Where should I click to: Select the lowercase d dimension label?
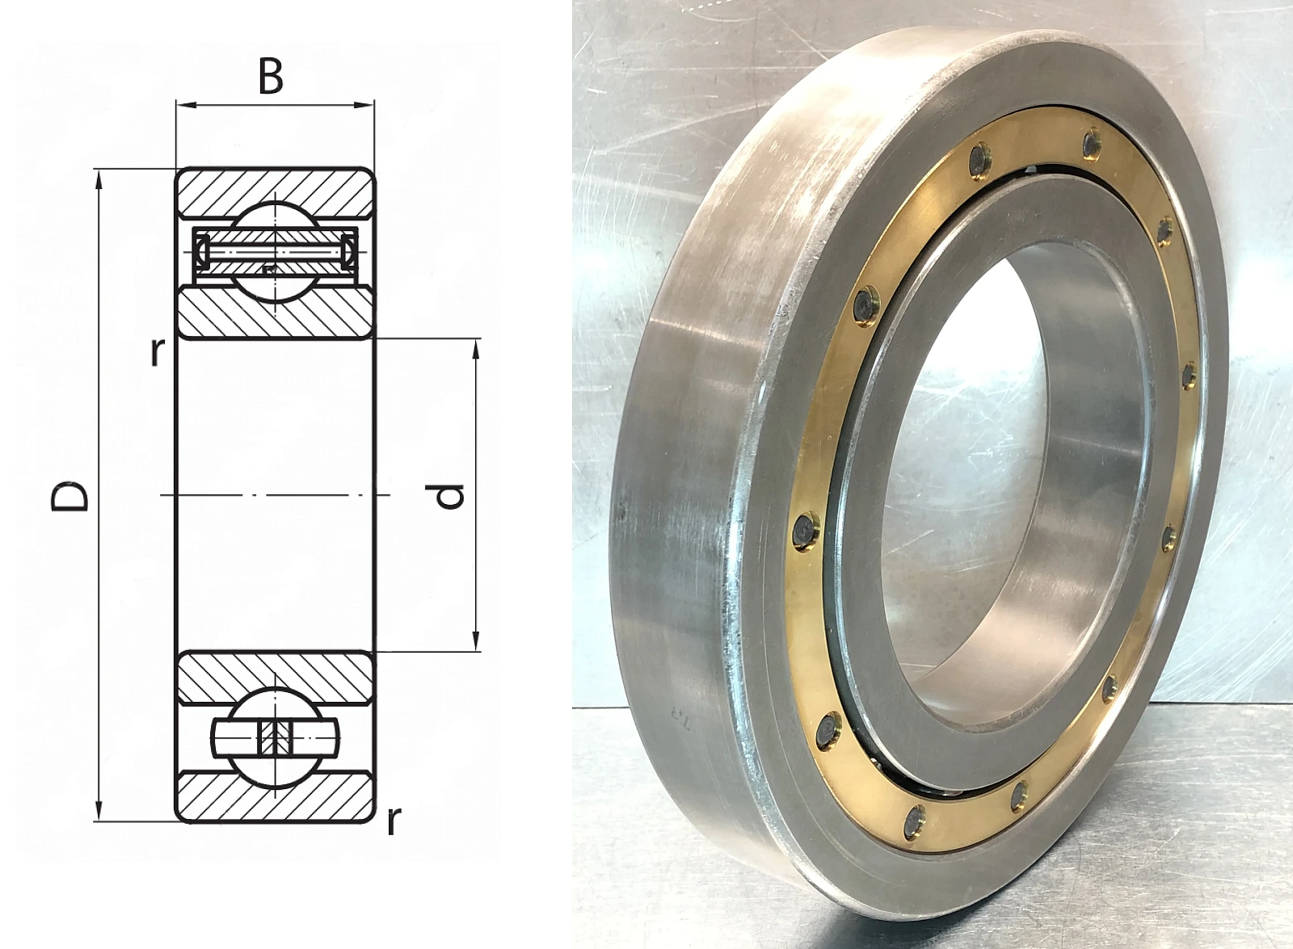coord(449,496)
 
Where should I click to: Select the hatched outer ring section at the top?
coord(275,193)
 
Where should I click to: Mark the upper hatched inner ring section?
coord(275,313)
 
